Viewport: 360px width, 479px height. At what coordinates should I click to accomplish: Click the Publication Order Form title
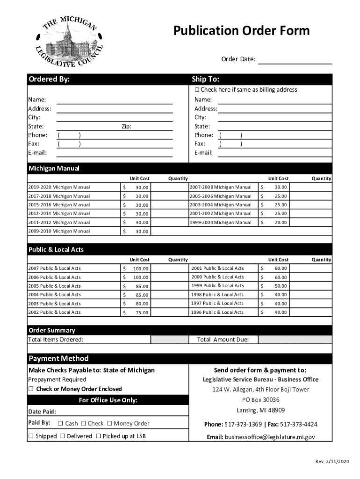tap(241, 31)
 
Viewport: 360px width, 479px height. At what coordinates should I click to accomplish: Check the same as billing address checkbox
tap(197, 90)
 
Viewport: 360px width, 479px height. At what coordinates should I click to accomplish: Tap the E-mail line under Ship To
tap(275, 153)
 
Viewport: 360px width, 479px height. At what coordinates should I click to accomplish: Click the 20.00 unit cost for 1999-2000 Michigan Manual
tap(281, 223)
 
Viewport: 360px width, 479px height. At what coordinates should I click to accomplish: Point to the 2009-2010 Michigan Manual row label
tap(59, 231)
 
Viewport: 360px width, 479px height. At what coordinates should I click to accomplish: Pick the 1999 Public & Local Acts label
tap(217, 286)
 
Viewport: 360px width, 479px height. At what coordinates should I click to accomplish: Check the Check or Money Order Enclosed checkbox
tap(31, 389)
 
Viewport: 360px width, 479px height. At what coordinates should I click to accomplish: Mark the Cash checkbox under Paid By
tap(61, 424)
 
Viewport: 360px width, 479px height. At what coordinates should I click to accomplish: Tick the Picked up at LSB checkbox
tap(99, 436)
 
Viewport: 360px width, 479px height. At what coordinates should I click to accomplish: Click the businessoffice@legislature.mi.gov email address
tap(270, 437)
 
